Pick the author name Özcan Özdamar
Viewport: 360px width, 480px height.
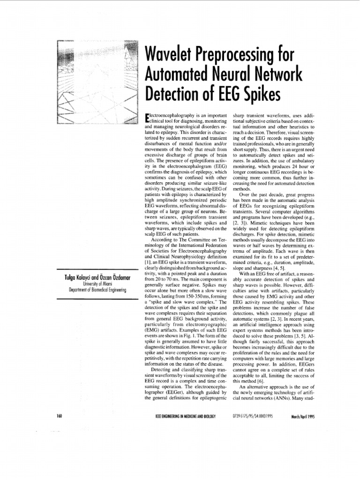(x=112, y=278)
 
